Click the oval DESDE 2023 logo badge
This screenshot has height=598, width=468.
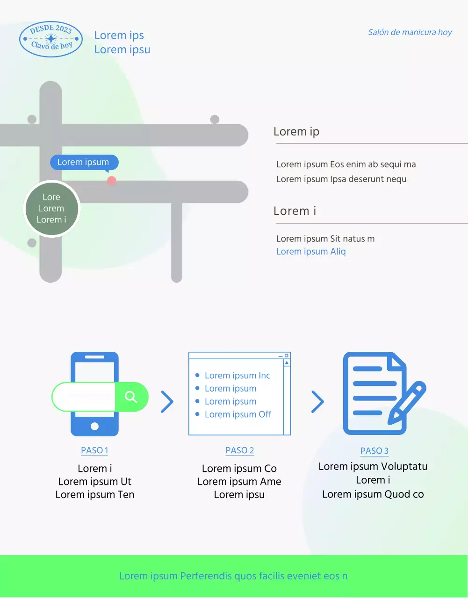coord(51,39)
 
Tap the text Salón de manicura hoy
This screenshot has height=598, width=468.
coord(410,32)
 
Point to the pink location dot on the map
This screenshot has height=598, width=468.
coord(111,180)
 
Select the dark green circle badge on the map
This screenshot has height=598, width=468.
coord(52,208)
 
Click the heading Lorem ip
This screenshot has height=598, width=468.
coord(296,132)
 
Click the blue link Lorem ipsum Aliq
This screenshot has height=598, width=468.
coord(311,251)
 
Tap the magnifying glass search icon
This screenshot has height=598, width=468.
coord(131,397)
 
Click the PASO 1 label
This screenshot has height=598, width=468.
coord(94,450)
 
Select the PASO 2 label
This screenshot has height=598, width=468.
coord(240,450)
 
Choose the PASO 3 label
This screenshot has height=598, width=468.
coord(374,451)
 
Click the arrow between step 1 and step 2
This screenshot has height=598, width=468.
coord(167,402)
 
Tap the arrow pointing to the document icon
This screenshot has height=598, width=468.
coord(317,402)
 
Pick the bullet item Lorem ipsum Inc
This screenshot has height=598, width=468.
coord(238,376)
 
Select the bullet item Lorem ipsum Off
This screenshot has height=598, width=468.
coord(238,414)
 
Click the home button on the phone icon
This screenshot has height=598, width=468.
coord(94,426)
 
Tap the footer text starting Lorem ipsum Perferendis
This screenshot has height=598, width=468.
coord(233,576)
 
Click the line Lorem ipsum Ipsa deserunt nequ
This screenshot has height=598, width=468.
coord(341,179)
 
